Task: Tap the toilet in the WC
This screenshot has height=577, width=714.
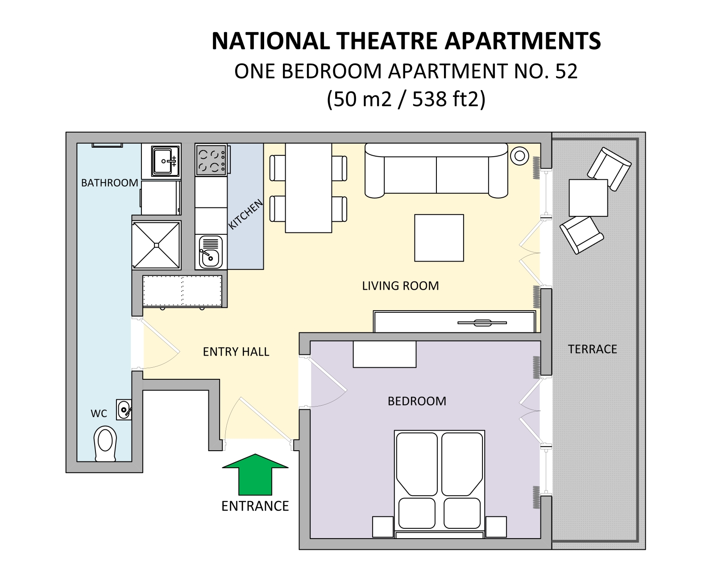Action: (x=105, y=444)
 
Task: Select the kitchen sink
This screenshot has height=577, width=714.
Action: (x=211, y=252)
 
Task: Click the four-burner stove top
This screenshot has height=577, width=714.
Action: (x=211, y=160)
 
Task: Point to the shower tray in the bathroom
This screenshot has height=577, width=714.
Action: (x=156, y=245)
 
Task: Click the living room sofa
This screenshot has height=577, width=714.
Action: (x=436, y=170)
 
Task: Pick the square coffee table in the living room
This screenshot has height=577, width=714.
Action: (x=439, y=238)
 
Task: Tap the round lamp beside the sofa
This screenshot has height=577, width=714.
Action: (x=519, y=156)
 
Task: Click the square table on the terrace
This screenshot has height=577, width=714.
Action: (x=588, y=198)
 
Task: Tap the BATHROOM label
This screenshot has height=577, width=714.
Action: (x=110, y=183)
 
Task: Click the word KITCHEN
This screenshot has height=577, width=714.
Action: (x=245, y=215)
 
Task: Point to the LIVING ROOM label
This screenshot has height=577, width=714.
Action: (x=400, y=286)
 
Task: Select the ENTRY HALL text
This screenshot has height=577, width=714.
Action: (x=236, y=352)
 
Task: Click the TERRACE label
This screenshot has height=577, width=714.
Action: (x=592, y=349)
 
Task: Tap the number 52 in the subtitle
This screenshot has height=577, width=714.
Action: (x=566, y=71)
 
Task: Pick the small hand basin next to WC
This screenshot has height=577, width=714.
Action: (x=124, y=409)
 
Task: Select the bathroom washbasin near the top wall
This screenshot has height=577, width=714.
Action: (x=165, y=161)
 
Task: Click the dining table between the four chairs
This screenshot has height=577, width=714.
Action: (x=308, y=188)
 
